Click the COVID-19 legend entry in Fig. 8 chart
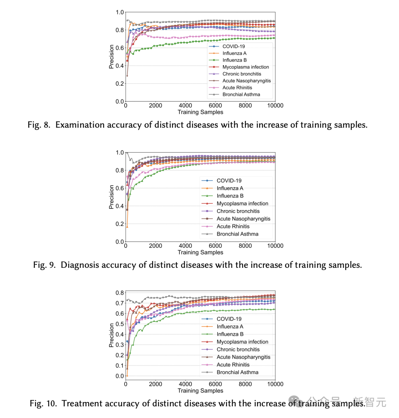pyautogui.click(x=233, y=46)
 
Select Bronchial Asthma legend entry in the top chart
pyautogui.click(x=241, y=94)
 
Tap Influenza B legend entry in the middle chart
pyautogui.click(x=230, y=196)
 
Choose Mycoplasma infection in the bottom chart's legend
pyautogui.click(x=242, y=342)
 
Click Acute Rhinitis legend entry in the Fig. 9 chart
pyautogui.click(x=233, y=226)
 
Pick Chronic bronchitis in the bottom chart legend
pyautogui.click(x=238, y=349)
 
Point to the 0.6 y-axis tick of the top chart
pyautogui.click(x=120, y=48)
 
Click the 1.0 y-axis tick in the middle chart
pyautogui.click(x=120, y=153)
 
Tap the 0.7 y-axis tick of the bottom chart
pyautogui.click(x=120, y=303)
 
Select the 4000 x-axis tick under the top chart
pyautogui.click(x=185, y=106)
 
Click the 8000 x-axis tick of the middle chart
pyautogui.click(x=245, y=246)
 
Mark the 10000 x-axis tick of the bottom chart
pyautogui.click(x=275, y=384)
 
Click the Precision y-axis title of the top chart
pyautogui.click(x=111, y=57)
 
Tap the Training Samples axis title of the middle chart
pyautogui.click(x=200, y=252)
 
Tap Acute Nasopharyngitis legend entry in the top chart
pyautogui.click(x=246, y=81)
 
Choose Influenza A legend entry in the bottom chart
pyautogui.click(x=230, y=327)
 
